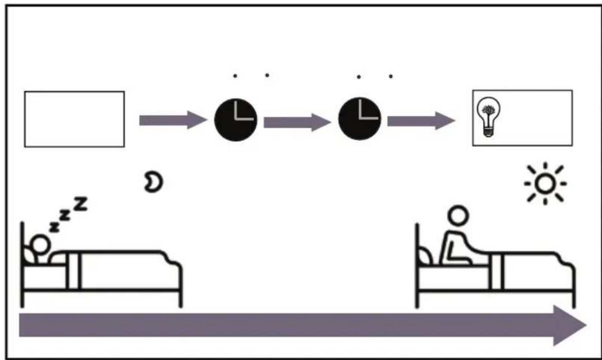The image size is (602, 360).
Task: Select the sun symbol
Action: (x=545, y=184)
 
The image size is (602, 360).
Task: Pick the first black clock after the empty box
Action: (x=235, y=120)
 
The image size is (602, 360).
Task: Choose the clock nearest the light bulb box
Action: (x=360, y=118)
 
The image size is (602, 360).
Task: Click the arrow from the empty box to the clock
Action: (x=173, y=120)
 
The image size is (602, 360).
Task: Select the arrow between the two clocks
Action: (x=297, y=122)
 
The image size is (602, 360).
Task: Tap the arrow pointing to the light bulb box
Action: (x=421, y=121)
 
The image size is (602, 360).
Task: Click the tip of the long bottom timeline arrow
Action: (x=586, y=325)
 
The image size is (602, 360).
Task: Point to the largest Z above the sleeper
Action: (x=80, y=204)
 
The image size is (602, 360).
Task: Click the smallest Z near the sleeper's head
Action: (x=55, y=227)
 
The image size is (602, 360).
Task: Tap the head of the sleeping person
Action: (x=40, y=245)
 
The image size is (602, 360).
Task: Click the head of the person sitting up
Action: (x=458, y=216)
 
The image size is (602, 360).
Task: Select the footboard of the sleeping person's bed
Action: (x=180, y=284)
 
